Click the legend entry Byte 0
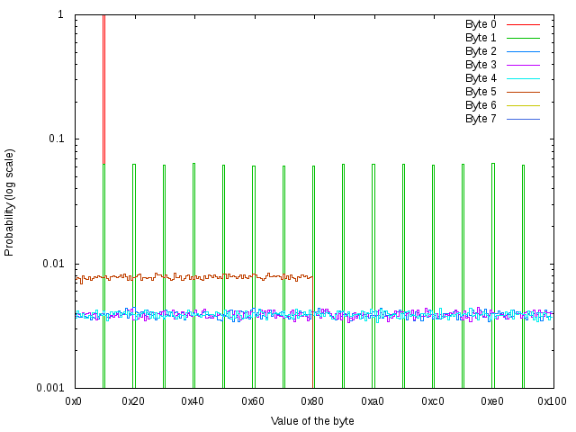481,24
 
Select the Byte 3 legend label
481,65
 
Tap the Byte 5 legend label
481,92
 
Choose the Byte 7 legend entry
481,119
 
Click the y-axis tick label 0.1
55,139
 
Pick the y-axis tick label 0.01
52,264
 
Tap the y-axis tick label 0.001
49,388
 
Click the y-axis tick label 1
59,15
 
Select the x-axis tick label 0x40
193,400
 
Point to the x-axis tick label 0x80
313,400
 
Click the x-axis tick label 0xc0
433,400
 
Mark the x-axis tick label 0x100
553,400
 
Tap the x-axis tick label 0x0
75,400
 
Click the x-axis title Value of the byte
312,420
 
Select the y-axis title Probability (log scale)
10,202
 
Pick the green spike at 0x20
134,270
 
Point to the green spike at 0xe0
492,270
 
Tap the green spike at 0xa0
373,270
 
